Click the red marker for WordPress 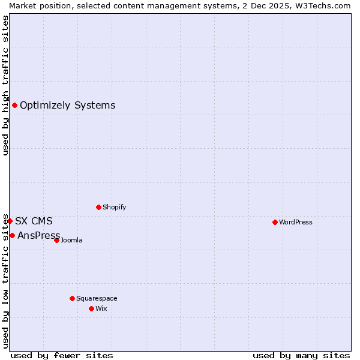pos(275,222)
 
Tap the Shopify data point pos(98,207)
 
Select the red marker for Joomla pos(56,240)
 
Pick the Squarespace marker pos(72,298)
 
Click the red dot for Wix pos(91,308)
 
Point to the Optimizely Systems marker pos(14,106)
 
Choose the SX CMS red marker pos(10,221)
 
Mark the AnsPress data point pos(12,235)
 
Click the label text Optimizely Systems pos(67,106)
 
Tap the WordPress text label pos(296,222)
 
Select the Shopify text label pos(114,207)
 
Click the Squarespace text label pos(97,298)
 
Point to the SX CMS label pos(34,221)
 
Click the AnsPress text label pos(38,235)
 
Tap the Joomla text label pos(71,240)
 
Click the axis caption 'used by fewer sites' pos(62,355)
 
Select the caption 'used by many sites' pos(301,355)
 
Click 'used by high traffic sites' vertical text pos(5,85)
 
